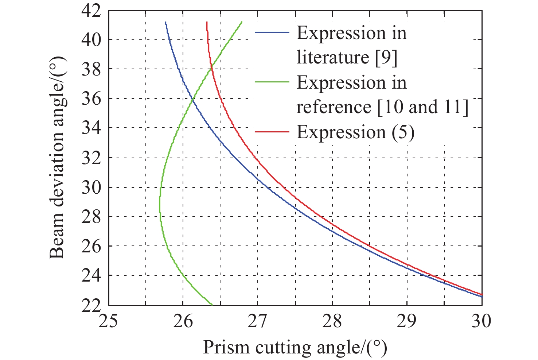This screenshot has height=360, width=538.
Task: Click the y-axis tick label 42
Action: click(90, 11)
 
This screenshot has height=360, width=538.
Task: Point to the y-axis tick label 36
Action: click(90, 99)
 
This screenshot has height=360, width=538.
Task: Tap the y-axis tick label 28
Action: click(90, 217)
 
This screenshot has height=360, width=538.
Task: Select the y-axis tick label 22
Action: click(90, 305)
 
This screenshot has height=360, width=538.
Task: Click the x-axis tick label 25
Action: click(108, 321)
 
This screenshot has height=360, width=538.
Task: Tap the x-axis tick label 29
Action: click(407, 321)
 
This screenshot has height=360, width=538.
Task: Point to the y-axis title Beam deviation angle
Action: click(57, 158)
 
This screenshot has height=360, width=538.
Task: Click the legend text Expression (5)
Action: click(355, 132)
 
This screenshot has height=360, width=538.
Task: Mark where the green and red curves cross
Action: click(211, 66)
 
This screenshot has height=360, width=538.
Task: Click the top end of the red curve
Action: click(207, 22)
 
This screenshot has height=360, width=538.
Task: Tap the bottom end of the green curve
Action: click(212, 305)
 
